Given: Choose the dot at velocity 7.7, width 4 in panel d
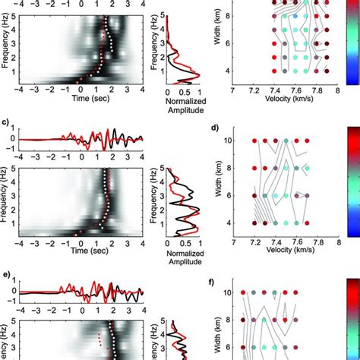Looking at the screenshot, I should pos(308,223).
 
